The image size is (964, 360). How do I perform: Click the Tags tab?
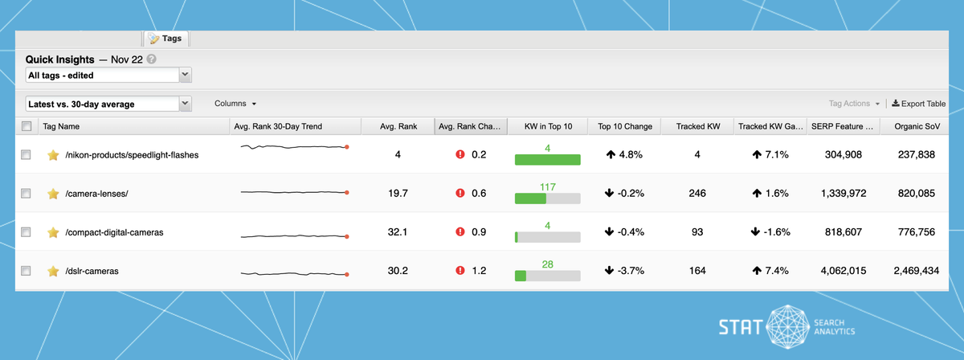165,39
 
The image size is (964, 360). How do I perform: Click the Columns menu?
235,104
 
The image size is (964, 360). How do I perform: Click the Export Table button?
918,104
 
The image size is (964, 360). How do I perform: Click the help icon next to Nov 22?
152,59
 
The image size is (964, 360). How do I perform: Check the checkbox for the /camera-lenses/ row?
27,193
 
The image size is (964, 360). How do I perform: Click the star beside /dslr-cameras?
53,271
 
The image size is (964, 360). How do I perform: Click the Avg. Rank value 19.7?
398,193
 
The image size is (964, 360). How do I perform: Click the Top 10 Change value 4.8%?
625,154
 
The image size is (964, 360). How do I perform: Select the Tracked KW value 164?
696,271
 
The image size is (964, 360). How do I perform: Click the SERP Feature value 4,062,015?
837,271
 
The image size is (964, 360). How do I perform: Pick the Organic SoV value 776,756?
913,232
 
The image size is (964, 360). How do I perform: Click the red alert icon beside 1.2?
460,271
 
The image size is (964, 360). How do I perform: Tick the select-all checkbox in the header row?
27,126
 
